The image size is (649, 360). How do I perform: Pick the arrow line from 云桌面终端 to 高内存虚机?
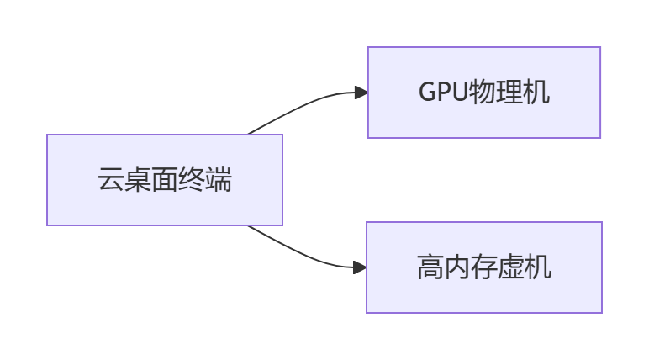303,254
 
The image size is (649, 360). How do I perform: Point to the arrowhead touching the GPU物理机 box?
361,93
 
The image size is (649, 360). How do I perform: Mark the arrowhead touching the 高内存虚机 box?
360,267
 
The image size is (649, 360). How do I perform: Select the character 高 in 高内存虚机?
430,267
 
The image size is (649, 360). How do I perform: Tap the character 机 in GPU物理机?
537,92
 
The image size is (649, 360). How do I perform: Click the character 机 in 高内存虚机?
538,267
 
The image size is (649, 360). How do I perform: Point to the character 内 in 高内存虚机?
456,267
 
